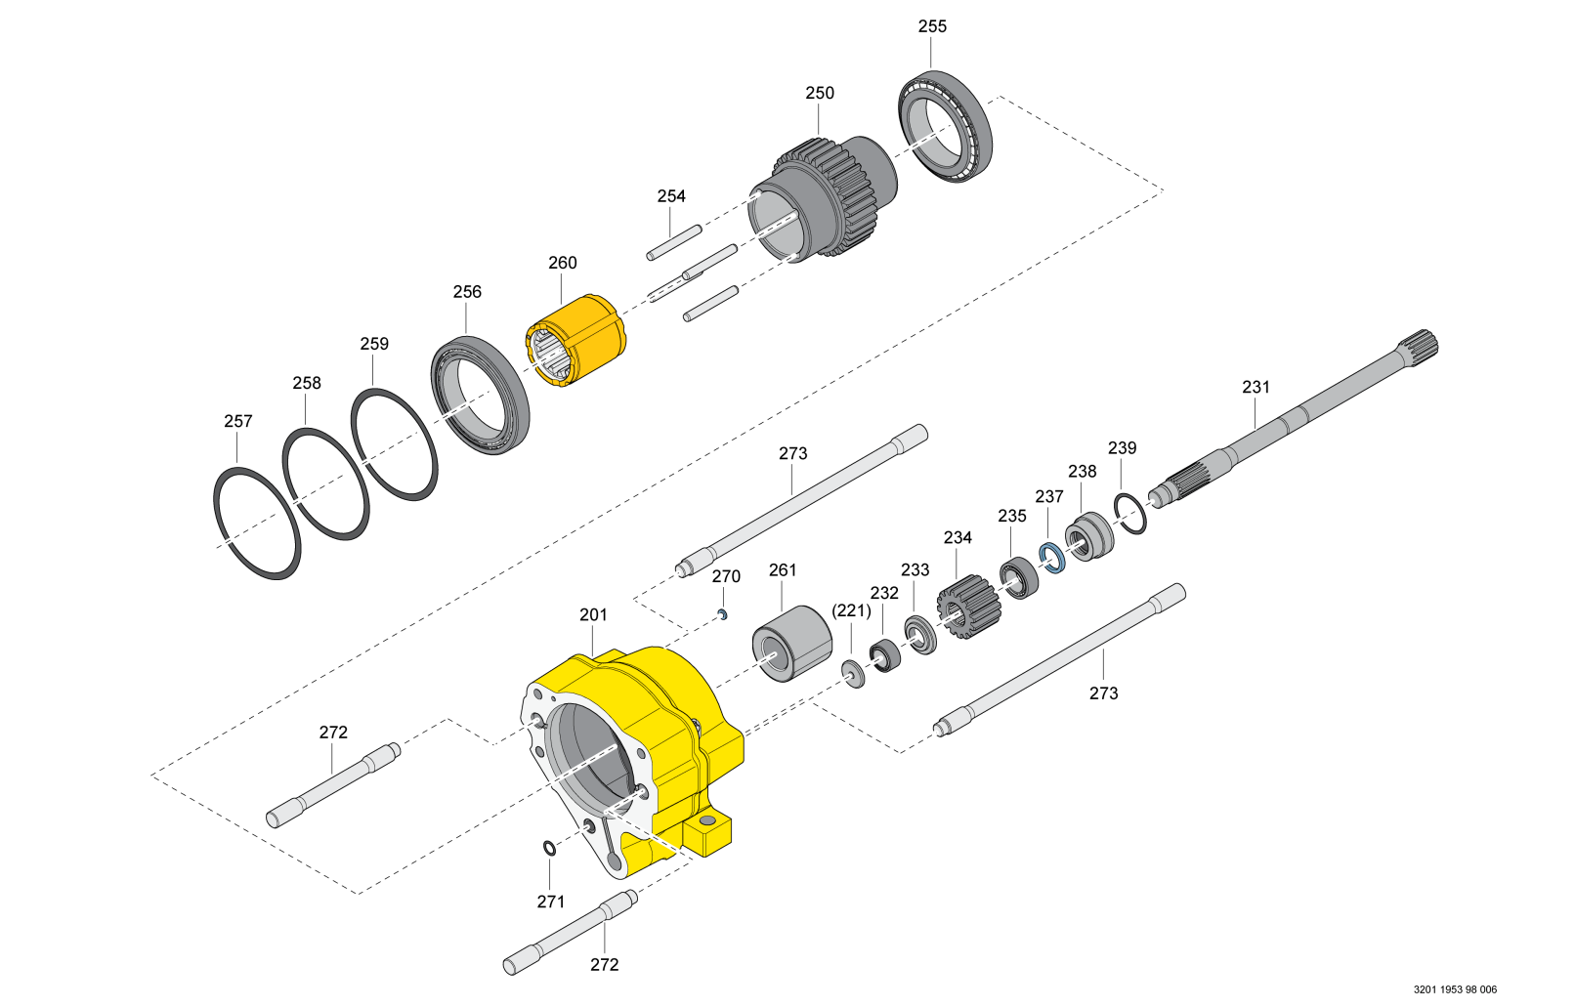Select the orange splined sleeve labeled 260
(586, 337)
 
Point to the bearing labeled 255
(945, 124)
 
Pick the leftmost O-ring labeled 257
(257, 524)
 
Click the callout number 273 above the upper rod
(792, 453)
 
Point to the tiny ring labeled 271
(550, 848)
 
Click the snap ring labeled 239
(1130, 514)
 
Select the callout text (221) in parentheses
(850, 610)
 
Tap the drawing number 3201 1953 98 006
(1454, 989)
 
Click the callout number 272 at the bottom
(604, 964)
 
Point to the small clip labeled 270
(722, 614)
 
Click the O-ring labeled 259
(395, 444)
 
